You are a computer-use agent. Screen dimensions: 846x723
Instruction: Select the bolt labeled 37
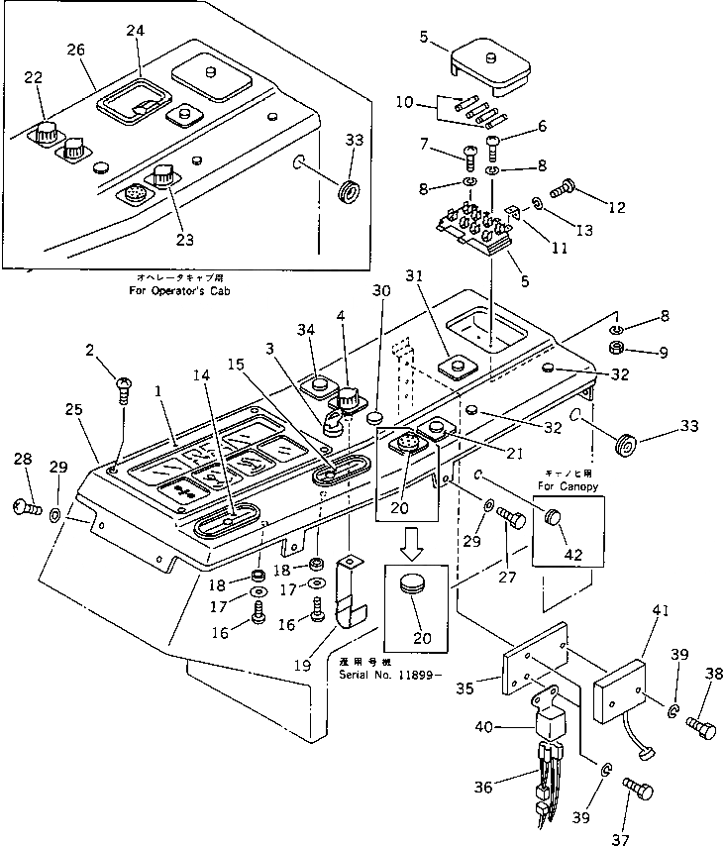tap(637, 790)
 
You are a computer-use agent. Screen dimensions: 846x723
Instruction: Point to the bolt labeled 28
tap(27, 507)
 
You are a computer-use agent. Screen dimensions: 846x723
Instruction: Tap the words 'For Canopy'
tap(567, 485)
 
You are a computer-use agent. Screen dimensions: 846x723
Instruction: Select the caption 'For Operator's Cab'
tap(178, 292)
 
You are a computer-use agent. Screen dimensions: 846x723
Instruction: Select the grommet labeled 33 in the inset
tap(350, 191)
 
